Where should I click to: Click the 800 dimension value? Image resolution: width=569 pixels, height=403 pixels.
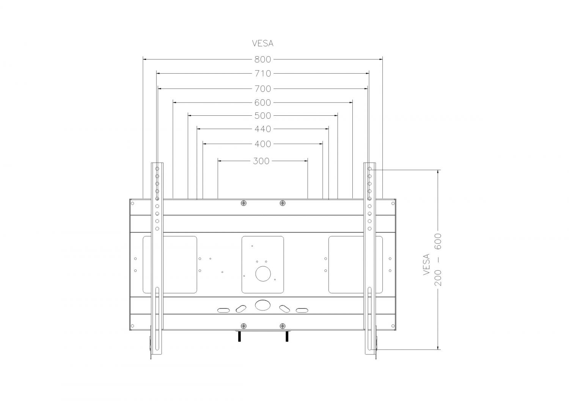[x=262, y=60]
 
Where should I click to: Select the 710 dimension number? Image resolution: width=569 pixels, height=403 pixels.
[x=262, y=74]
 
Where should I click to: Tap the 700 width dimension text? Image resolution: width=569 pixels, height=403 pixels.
[x=262, y=89]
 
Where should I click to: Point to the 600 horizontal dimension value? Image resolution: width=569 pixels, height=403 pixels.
[x=262, y=103]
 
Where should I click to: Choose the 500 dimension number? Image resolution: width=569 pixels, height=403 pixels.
[x=262, y=116]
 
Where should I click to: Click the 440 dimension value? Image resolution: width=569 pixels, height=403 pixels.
[x=262, y=129]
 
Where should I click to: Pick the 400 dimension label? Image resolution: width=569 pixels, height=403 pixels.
[x=262, y=144]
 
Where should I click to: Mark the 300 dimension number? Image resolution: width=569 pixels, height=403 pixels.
[x=261, y=161]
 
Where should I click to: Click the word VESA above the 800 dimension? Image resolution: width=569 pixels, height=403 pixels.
[x=262, y=44]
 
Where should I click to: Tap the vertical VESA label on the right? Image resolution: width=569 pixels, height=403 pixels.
[x=426, y=264]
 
